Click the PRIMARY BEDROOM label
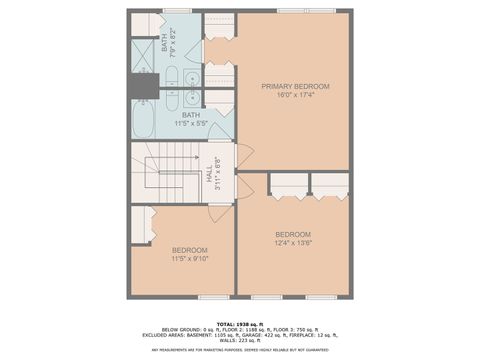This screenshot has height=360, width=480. [295, 87]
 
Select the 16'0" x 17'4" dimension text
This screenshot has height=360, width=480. [295, 96]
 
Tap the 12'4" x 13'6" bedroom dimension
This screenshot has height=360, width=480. [293, 242]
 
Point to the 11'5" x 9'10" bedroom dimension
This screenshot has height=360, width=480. [189, 259]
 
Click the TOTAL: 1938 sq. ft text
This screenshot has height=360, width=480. [239, 323]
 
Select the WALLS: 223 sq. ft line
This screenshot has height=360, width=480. [240, 340]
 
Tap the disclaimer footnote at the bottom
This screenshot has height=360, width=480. [240, 350]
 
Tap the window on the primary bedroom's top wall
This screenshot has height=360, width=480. [294, 13]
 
